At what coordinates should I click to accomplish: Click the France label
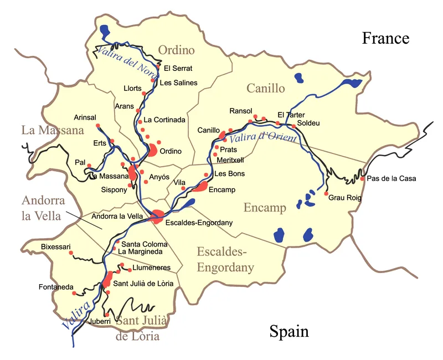(385, 38)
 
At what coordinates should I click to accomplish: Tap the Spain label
(289, 331)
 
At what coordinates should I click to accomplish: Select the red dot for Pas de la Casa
(362, 178)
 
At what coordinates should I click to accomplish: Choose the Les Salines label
(178, 83)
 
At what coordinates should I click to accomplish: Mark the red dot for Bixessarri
(71, 253)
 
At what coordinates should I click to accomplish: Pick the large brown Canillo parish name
(266, 88)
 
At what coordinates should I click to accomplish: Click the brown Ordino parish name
(177, 50)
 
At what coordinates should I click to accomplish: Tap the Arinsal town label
(85, 117)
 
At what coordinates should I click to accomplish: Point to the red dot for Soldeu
(294, 126)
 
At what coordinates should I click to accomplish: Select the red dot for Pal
(89, 166)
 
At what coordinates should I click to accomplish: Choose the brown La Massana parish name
(53, 131)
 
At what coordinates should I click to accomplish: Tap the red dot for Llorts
(145, 94)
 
